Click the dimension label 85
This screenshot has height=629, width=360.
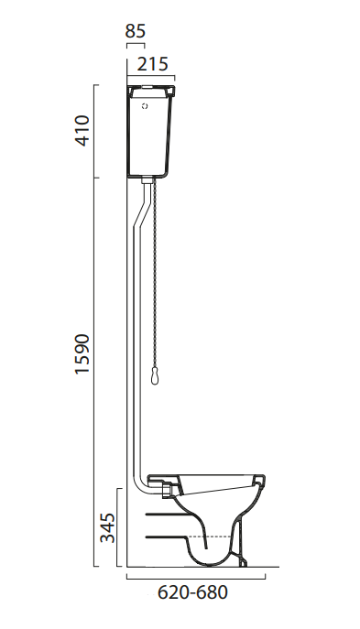(x=136, y=30)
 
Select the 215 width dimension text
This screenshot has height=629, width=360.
(x=152, y=64)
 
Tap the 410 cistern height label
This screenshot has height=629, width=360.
(x=82, y=131)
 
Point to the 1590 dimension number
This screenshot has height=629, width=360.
(x=82, y=353)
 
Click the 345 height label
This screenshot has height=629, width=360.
(x=107, y=527)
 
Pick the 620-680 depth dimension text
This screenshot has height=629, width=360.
(x=192, y=592)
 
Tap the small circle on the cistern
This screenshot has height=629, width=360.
(x=145, y=106)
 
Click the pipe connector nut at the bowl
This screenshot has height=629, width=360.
(x=167, y=490)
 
